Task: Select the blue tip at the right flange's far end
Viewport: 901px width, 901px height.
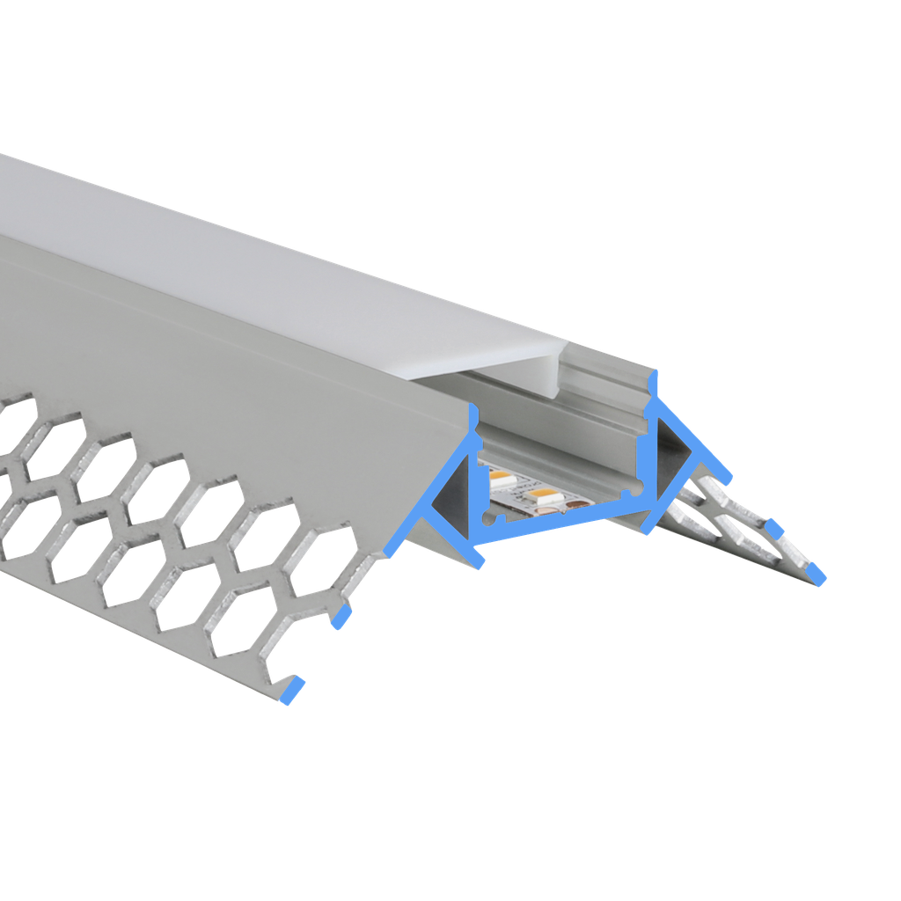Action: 817,575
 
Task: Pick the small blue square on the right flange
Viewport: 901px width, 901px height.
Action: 774,528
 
